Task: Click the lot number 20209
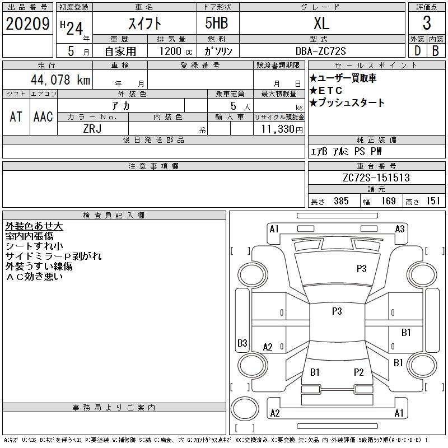(x=28, y=24)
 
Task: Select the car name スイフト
(x=143, y=24)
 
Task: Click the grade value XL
(x=321, y=24)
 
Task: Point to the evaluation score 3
(x=427, y=24)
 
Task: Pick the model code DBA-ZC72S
(x=322, y=51)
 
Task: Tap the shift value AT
(x=16, y=116)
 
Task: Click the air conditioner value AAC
(x=43, y=116)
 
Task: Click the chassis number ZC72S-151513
(x=376, y=178)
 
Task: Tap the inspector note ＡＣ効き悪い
(x=35, y=276)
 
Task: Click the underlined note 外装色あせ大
(x=34, y=226)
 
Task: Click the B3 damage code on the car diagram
(x=242, y=343)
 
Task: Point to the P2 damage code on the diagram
(x=359, y=372)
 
